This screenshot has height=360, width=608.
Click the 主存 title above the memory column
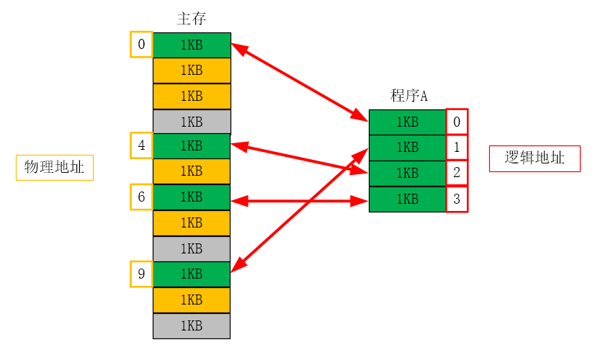coord(192,18)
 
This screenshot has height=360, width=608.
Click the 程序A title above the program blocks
coord(409,95)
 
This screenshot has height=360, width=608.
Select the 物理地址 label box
coord(55,168)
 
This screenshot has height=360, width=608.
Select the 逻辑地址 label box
coord(534,158)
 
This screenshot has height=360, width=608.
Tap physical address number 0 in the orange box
coord(141,45)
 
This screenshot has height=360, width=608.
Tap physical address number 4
coord(141,145)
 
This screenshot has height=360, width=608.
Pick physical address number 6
coord(141,197)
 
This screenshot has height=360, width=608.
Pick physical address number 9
coord(141,274)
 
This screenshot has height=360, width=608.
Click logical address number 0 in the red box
coord(457,122)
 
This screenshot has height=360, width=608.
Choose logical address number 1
coord(457,148)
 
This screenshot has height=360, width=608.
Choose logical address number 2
coord(457,173)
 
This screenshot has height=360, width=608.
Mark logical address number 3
coord(457,199)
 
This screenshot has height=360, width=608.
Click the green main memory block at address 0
coord(192,45)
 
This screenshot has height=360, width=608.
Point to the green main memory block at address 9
coord(192,274)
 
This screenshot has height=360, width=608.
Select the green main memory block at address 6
coord(192,197)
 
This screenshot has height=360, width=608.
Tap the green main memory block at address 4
coord(192,146)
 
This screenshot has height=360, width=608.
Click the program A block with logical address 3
coord(407,199)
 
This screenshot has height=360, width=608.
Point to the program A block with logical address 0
coord(407,122)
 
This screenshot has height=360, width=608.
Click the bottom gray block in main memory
coord(192,326)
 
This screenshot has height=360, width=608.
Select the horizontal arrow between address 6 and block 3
coord(300,202)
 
